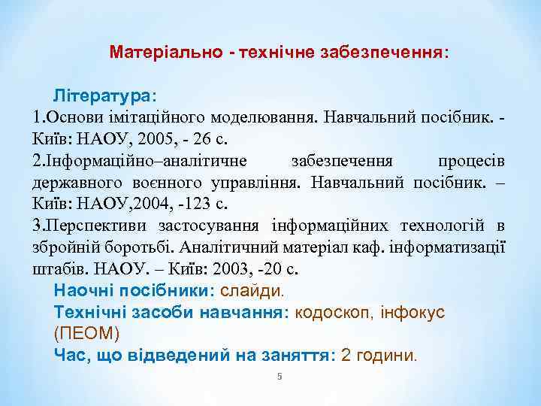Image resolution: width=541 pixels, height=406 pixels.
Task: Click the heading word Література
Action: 100,97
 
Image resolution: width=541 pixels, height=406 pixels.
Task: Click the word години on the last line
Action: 388,354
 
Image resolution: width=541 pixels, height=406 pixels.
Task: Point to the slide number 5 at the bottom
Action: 279,376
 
